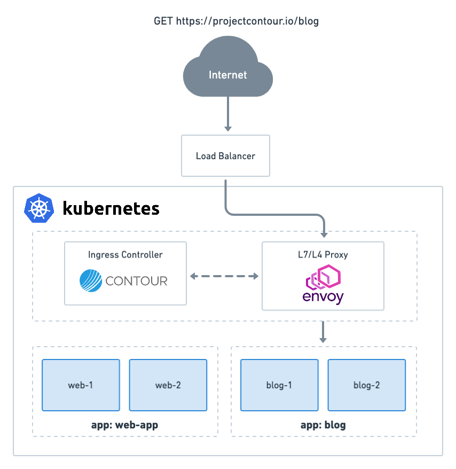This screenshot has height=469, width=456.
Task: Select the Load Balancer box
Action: click(x=225, y=156)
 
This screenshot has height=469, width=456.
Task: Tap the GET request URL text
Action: click(x=237, y=21)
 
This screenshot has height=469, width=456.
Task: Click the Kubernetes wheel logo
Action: click(x=39, y=207)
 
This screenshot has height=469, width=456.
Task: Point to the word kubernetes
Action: click(x=111, y=208)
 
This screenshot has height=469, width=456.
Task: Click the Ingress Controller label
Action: click(x=125, y=255)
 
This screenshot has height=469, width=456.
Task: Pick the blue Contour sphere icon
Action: click(x=91, y=280)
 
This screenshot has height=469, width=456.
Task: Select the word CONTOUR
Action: click(x=137, y=281)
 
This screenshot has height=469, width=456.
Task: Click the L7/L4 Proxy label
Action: click(x=323, y=255)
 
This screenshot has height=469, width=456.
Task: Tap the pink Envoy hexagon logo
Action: click(x=323, y=277)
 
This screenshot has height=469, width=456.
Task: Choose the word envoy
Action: click(x=323, y=296)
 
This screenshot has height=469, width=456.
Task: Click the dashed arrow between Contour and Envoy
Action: click(x=224, y=276)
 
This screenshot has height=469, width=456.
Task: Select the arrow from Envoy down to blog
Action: click(x=323, y=333)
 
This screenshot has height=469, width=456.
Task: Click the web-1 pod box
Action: click(x=81, y=385)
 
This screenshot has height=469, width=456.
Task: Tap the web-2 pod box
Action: click(x=168, y=385)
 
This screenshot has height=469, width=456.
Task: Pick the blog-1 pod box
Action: click(x=279, y=385)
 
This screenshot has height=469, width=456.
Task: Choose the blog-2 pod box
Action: click(x=366, y=385)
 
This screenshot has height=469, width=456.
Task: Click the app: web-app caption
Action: click(x=124, y=425)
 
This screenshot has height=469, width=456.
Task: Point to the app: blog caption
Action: click(x=323, y=425)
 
